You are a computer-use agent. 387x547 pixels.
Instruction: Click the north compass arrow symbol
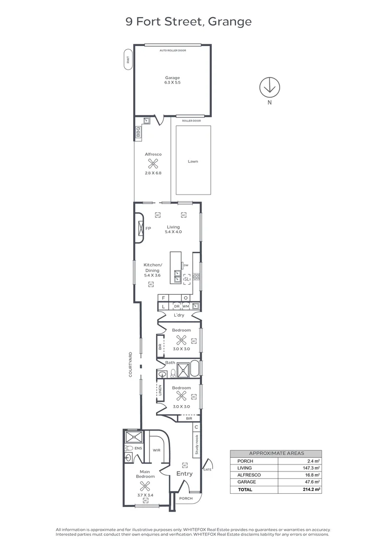269,87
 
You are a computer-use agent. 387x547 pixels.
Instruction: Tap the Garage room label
172,80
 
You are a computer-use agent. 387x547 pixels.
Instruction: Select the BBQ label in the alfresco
137,133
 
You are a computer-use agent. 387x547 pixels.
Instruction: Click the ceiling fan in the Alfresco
152,164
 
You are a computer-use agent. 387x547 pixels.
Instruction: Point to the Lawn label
192,162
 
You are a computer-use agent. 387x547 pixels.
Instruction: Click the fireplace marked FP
141,228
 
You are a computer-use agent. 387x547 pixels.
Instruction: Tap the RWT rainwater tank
128,60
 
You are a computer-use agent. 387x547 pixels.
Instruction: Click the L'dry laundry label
178,316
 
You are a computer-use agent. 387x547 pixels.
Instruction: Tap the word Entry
184,474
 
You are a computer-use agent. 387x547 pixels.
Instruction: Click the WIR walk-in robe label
156,450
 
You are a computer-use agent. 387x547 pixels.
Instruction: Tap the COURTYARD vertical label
130,364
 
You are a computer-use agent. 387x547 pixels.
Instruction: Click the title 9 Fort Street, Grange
188,21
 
